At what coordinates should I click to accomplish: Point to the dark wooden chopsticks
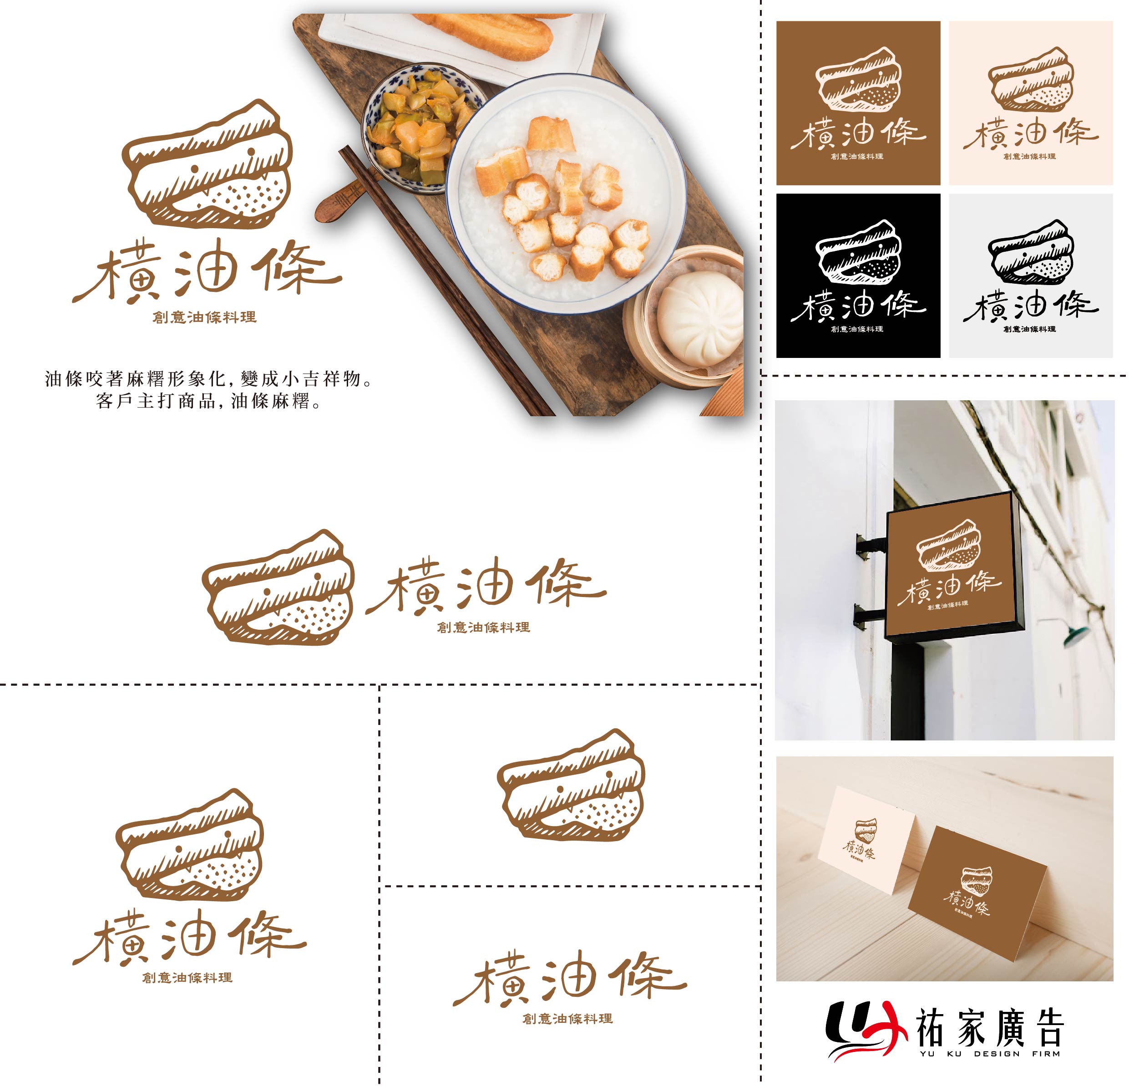point(438,277)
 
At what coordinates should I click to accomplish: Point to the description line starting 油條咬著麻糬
point(208,379)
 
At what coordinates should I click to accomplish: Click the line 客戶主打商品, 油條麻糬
point(208,401)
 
